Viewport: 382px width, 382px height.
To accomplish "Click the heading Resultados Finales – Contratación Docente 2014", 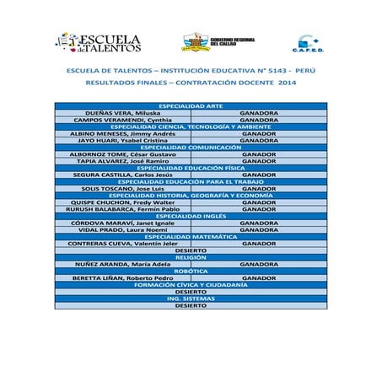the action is tap(191, 83).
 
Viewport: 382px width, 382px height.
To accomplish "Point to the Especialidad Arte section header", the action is tap(191, 105).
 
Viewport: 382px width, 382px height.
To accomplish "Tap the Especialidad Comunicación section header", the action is tap(191, 148).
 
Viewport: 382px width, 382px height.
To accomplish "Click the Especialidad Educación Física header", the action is tap(191, 168).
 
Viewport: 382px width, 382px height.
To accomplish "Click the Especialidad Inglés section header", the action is tap(191, 216).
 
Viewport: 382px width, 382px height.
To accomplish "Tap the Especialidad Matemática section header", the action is tap(191, 236).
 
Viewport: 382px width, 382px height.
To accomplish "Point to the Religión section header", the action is tap(191, 257).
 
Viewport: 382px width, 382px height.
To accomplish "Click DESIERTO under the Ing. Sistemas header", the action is tap(191, 305).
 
